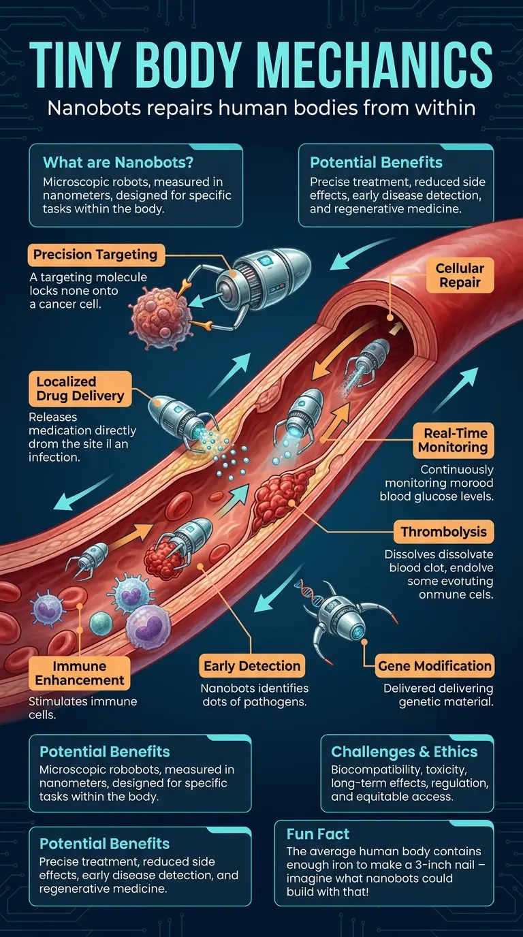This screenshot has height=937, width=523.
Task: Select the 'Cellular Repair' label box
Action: coord(460,275)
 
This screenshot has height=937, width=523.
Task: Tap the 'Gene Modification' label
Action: coord(434,666)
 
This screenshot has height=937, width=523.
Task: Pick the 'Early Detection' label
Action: coord(252,666)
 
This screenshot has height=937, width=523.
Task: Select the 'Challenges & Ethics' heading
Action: coord(404,752)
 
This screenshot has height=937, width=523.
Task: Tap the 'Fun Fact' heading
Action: coord(318,834)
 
